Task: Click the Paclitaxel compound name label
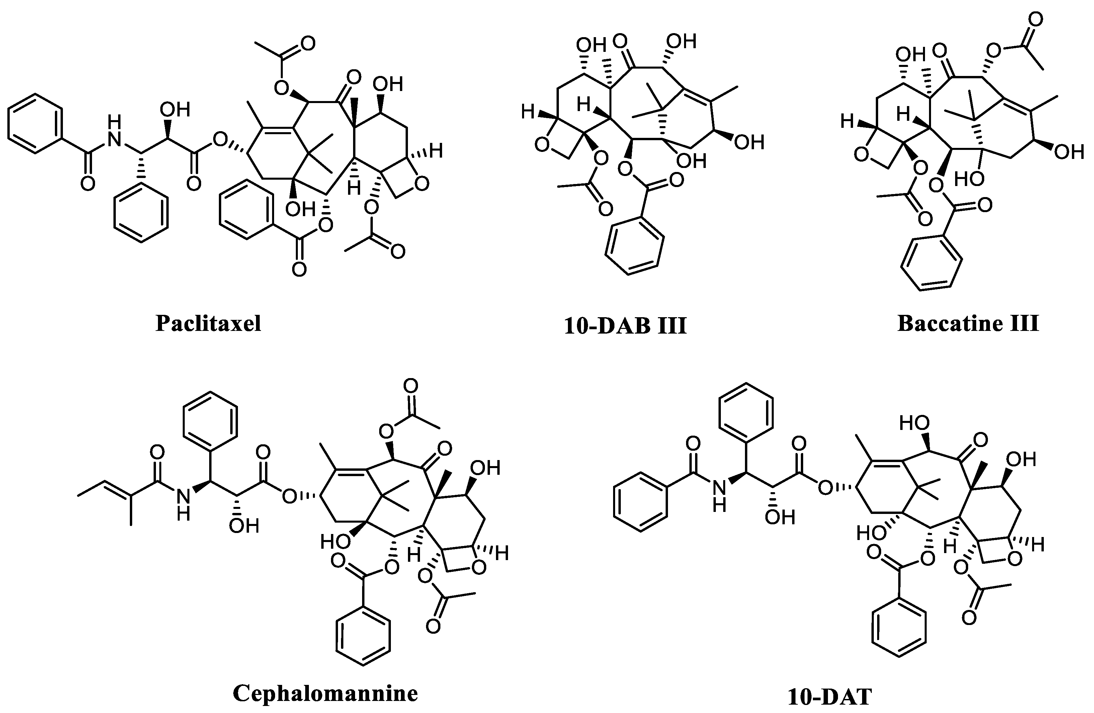(208, 324)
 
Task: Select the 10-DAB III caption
(625, 326)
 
